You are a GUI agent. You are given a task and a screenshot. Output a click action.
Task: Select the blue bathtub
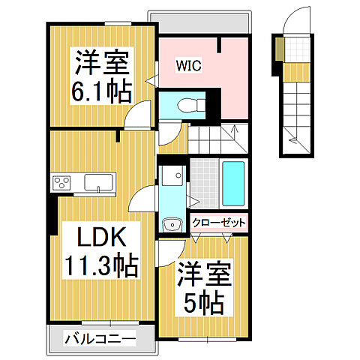point(233,183)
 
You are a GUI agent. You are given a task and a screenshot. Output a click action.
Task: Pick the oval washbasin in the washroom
point(172,223)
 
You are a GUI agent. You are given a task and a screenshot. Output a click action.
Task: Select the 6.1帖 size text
point(102,91)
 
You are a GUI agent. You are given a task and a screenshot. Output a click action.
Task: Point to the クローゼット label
point(219,222)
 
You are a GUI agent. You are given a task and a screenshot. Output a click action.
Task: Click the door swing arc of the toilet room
point(169,130)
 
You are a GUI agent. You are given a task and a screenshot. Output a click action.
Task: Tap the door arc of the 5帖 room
point(171,253)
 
